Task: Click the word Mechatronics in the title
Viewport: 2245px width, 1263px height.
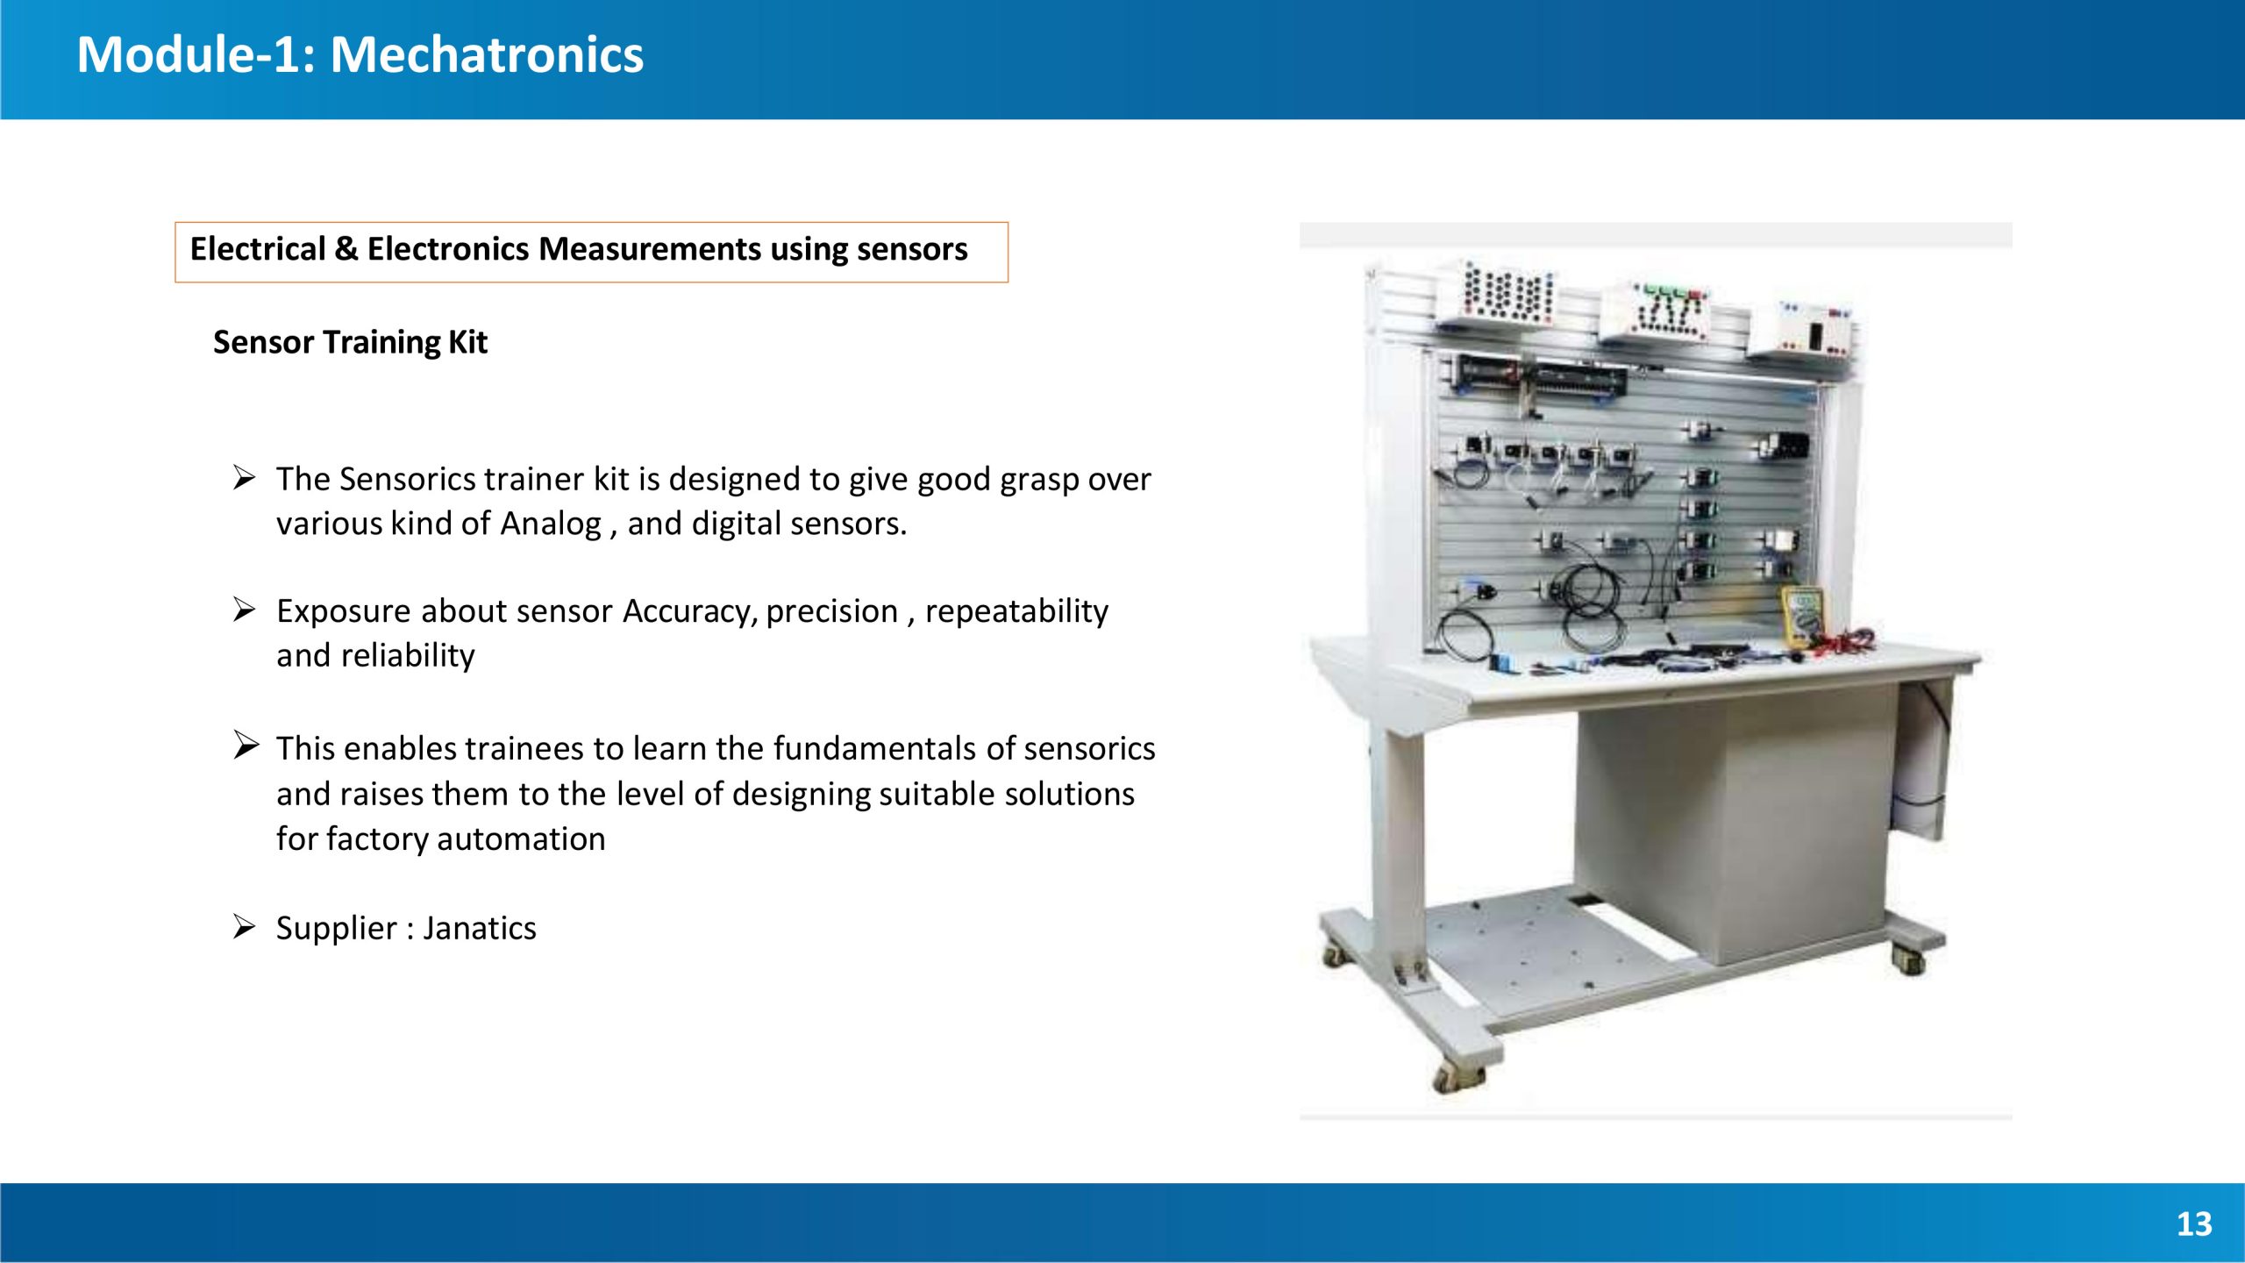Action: pos(487,54)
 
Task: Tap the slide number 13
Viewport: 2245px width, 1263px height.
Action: pos(2194,1224)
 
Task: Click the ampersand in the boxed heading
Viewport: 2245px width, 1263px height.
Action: pos(346,249)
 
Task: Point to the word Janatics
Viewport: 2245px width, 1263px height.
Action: pos(480,928)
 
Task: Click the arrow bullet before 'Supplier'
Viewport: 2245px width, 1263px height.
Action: pos(245,926)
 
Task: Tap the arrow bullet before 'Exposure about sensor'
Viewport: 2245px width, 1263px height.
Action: pos(245,609)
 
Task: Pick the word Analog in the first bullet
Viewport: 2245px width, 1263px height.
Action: pos(551,524)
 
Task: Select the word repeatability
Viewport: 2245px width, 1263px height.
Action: pos(1016,611)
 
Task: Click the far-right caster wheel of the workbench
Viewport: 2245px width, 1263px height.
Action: pos(1910,958)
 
